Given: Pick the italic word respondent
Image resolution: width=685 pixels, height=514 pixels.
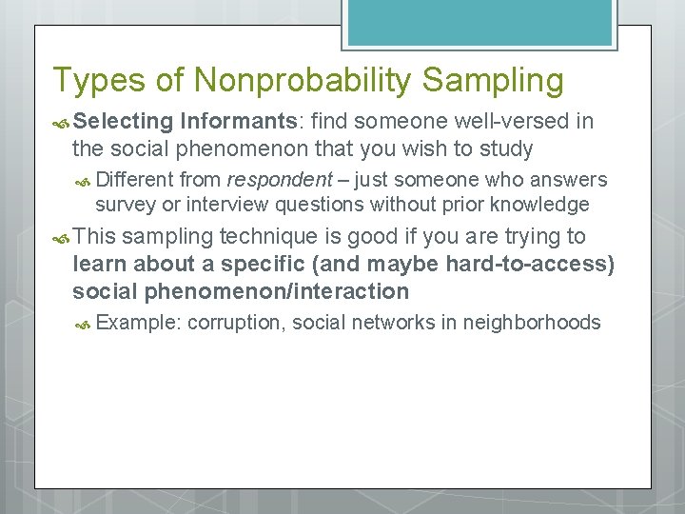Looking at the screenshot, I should pos(279,180).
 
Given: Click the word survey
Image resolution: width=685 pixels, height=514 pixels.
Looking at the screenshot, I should pos(125,205).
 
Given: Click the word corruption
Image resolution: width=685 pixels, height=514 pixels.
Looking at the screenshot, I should pos(235,323).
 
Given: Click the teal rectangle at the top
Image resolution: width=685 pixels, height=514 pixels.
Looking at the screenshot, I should pos(479,21).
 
